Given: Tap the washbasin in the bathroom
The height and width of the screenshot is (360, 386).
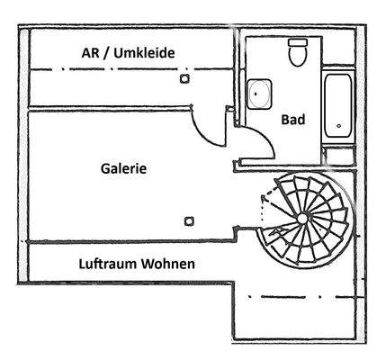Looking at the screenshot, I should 260,93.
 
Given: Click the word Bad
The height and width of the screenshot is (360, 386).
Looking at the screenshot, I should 293,119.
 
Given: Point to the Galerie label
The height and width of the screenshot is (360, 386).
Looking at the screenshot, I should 123,167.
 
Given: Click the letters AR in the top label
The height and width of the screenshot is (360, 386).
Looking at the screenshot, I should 90,53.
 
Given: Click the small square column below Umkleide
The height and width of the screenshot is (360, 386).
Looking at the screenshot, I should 185,79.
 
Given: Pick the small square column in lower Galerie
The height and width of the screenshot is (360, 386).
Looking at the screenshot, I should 188,220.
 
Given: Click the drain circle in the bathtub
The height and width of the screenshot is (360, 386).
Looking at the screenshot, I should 338,127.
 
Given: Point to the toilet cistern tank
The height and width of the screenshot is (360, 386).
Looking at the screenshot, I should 297,42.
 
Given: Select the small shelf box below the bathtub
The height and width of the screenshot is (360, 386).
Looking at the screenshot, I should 338,155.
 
